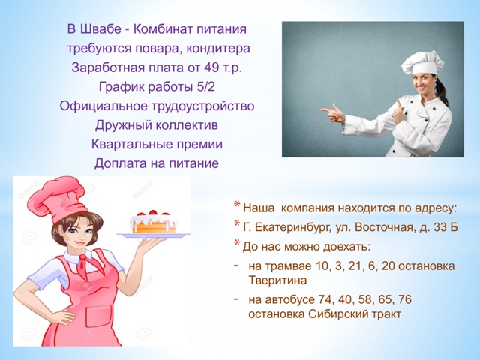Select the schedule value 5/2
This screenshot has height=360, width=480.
tap(205, 87)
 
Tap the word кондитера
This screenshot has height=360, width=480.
tap(218, 49)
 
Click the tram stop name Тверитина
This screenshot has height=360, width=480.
tap(277, 280)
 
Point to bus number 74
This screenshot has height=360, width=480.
tap(325, 299)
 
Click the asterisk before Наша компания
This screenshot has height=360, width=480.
tap(237, 205)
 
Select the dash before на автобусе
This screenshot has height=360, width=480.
tap(236, 298)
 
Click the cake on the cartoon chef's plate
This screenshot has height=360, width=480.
tap(153, 222)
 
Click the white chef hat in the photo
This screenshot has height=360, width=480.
tap(422, 63)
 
